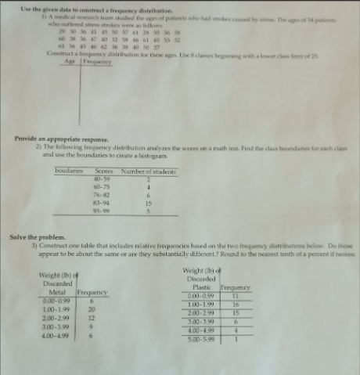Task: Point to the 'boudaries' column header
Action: [70, 171]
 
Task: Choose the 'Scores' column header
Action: [104, 171]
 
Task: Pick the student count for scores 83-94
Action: [147, 203]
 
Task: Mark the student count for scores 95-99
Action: [147, 211]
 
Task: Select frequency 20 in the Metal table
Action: [92, 308]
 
